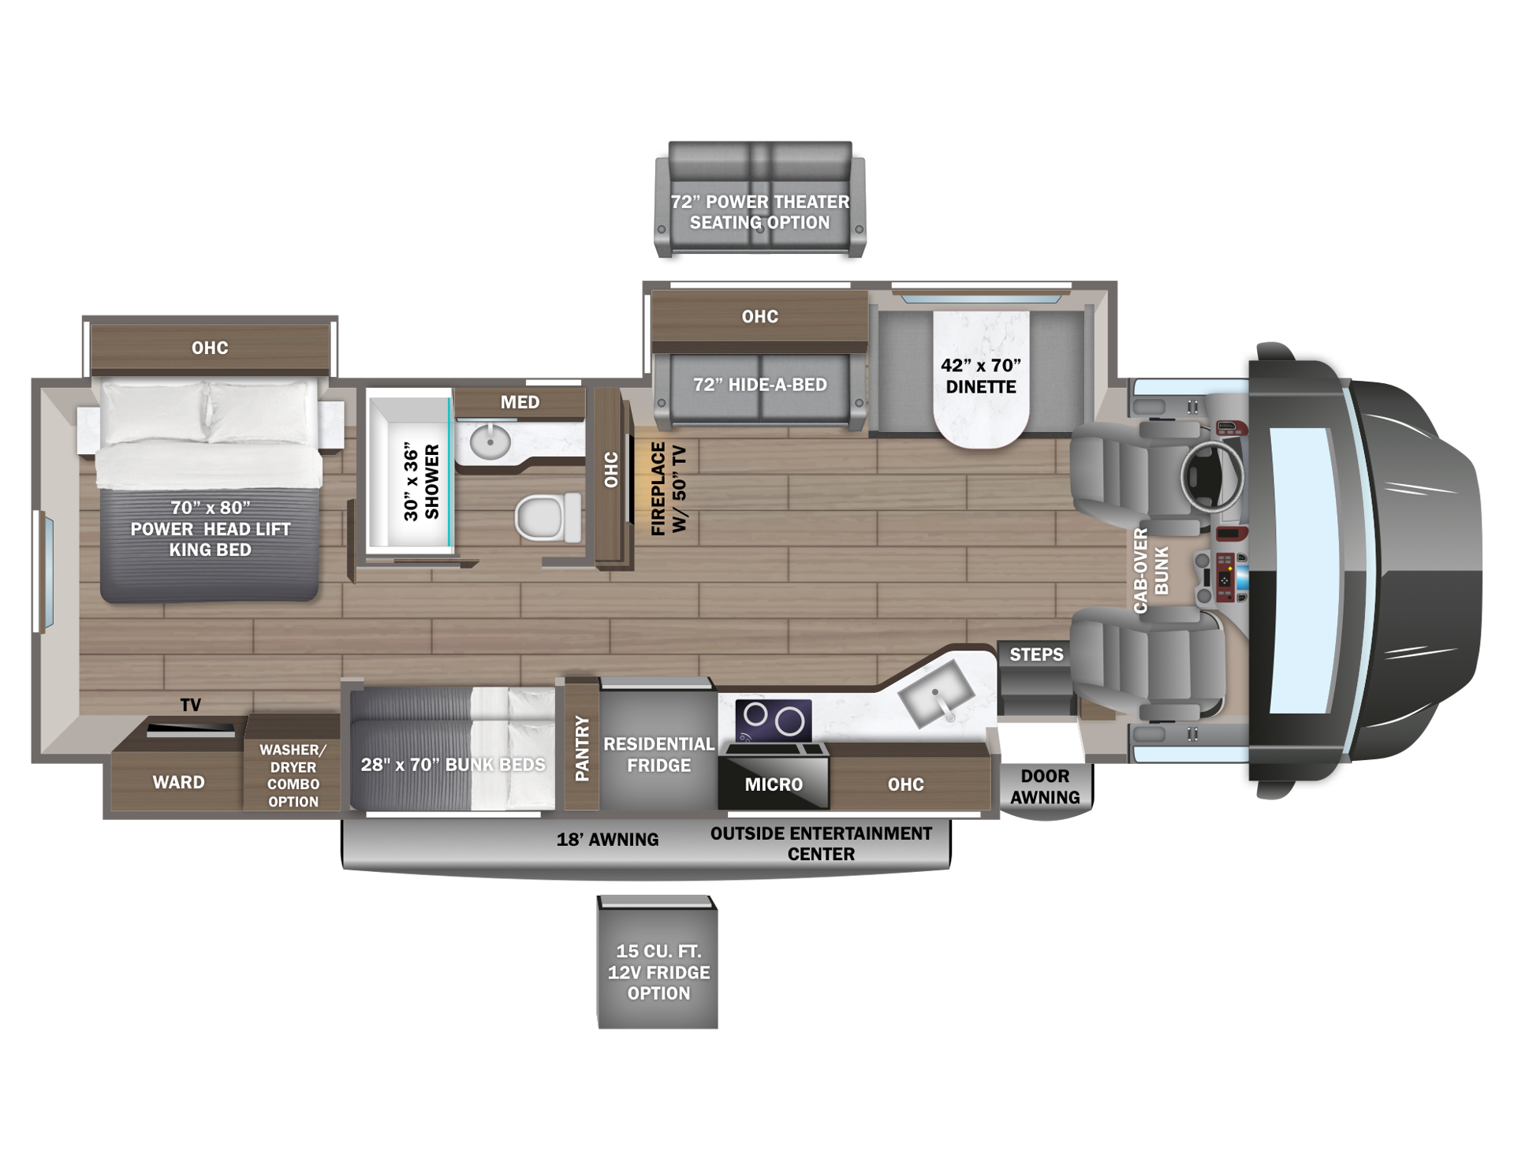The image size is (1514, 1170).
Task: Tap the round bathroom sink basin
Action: pyautogui.click(x=490, y=442)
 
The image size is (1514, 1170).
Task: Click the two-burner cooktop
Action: pyautogui.click(x=774, y=720)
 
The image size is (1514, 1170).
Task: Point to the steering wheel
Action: pyautogui.click(x=1213, y=475)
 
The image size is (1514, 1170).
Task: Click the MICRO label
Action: pyautogui.click(x=774, y=784)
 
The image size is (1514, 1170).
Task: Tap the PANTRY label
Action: pyautogui.click(x=582, y=748)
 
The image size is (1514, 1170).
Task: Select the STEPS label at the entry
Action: pyautogui.click(x=1036, y=654)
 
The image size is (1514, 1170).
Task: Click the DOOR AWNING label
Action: pyautogui.click(x=1045, y=787)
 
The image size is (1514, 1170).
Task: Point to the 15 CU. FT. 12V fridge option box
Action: pyautogui.click(x=658, y=962)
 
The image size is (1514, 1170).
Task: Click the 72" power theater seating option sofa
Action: pyautogui.click(x=760, y=199)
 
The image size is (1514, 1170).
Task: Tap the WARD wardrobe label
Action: pyautogui.click(x=178, y=782)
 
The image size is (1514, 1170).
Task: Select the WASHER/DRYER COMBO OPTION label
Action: pyautogui.click(x=293, y=776)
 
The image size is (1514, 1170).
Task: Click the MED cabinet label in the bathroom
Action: pyautogui.click(x=520, y=402)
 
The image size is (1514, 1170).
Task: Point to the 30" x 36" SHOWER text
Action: pyautogui.click(x=421, y=483)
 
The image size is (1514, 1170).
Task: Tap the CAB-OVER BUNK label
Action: pyautogui.click(x=1151, y=571)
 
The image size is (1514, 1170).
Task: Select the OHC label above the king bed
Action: pyautogui.click(x=210, y=348)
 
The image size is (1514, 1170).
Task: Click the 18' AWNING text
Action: pyautogui.click(x=607, y=840)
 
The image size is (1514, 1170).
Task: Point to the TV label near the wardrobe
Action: pyautogui.click(x=190, y=705)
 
